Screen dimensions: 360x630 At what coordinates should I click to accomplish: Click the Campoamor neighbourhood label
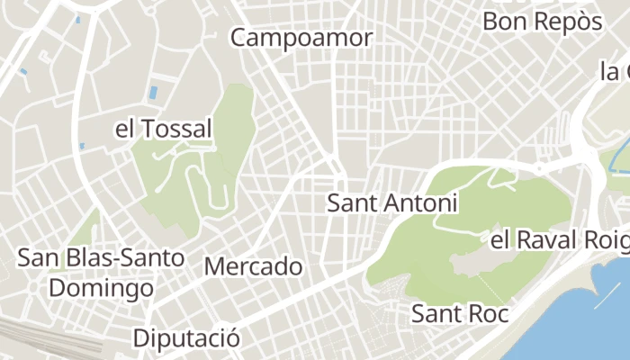point(301,38)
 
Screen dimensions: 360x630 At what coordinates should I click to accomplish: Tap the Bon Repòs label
point(542,21)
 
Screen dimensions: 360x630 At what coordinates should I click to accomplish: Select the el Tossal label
point(163,129)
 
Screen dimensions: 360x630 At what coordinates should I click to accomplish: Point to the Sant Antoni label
point(392,202)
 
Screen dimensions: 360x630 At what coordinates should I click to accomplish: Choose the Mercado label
point(254,266)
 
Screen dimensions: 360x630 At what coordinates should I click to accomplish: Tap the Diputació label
point(186,338)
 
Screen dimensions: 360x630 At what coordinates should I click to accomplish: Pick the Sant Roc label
point(460,314)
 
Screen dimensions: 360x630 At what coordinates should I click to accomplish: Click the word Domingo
point(102,289)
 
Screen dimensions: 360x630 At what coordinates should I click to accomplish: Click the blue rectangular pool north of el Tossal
point(153,91)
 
